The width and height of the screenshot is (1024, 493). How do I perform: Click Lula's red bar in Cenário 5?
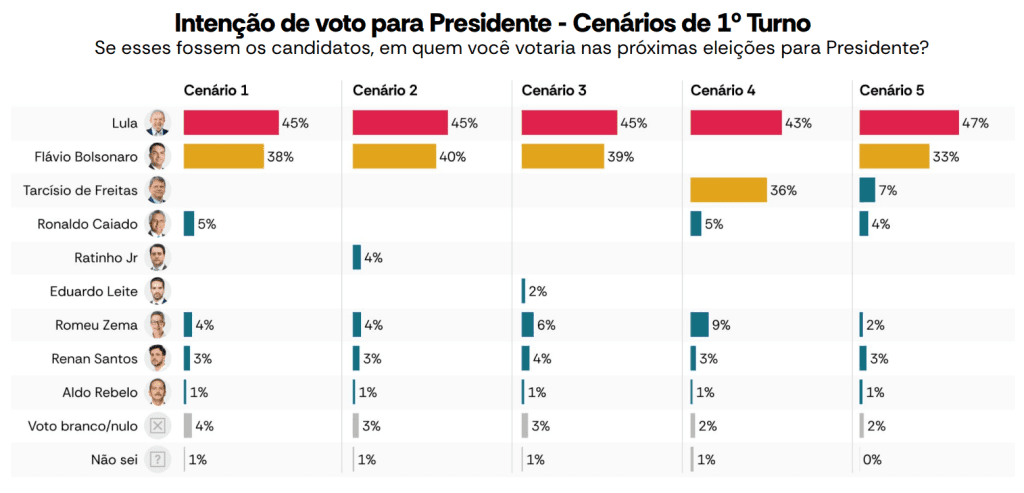click(909, 122)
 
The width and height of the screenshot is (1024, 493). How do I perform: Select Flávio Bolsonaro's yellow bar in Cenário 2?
click(394, 156)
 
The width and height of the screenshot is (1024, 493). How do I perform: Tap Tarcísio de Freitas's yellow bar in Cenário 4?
click(728, 190)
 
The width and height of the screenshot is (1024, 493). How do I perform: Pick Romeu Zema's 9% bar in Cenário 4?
click(700, 325)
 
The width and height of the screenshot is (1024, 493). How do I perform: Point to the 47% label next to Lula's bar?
click(976, 123)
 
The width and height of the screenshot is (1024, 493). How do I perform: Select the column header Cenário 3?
click(555, 91)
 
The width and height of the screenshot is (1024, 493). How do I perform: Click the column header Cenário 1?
click(216, 91)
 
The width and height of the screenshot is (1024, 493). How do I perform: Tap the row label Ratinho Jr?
click(104, 258)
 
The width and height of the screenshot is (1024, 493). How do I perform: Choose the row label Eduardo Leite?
click(94, 292)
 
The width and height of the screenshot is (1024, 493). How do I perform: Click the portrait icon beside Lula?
click(158, 123)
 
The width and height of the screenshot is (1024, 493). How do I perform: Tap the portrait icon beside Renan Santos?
click(158, 359)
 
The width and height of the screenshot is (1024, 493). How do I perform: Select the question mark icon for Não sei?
click(158, 460)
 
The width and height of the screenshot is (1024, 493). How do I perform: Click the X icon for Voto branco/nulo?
click(158, 426)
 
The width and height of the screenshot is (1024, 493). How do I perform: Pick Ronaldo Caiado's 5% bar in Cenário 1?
click(189, 224)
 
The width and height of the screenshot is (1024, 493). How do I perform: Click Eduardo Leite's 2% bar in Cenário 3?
click(523, 291)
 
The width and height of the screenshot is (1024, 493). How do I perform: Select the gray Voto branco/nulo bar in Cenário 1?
click(188, 426)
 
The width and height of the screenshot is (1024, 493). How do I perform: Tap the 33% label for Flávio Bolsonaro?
click(946, 157)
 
